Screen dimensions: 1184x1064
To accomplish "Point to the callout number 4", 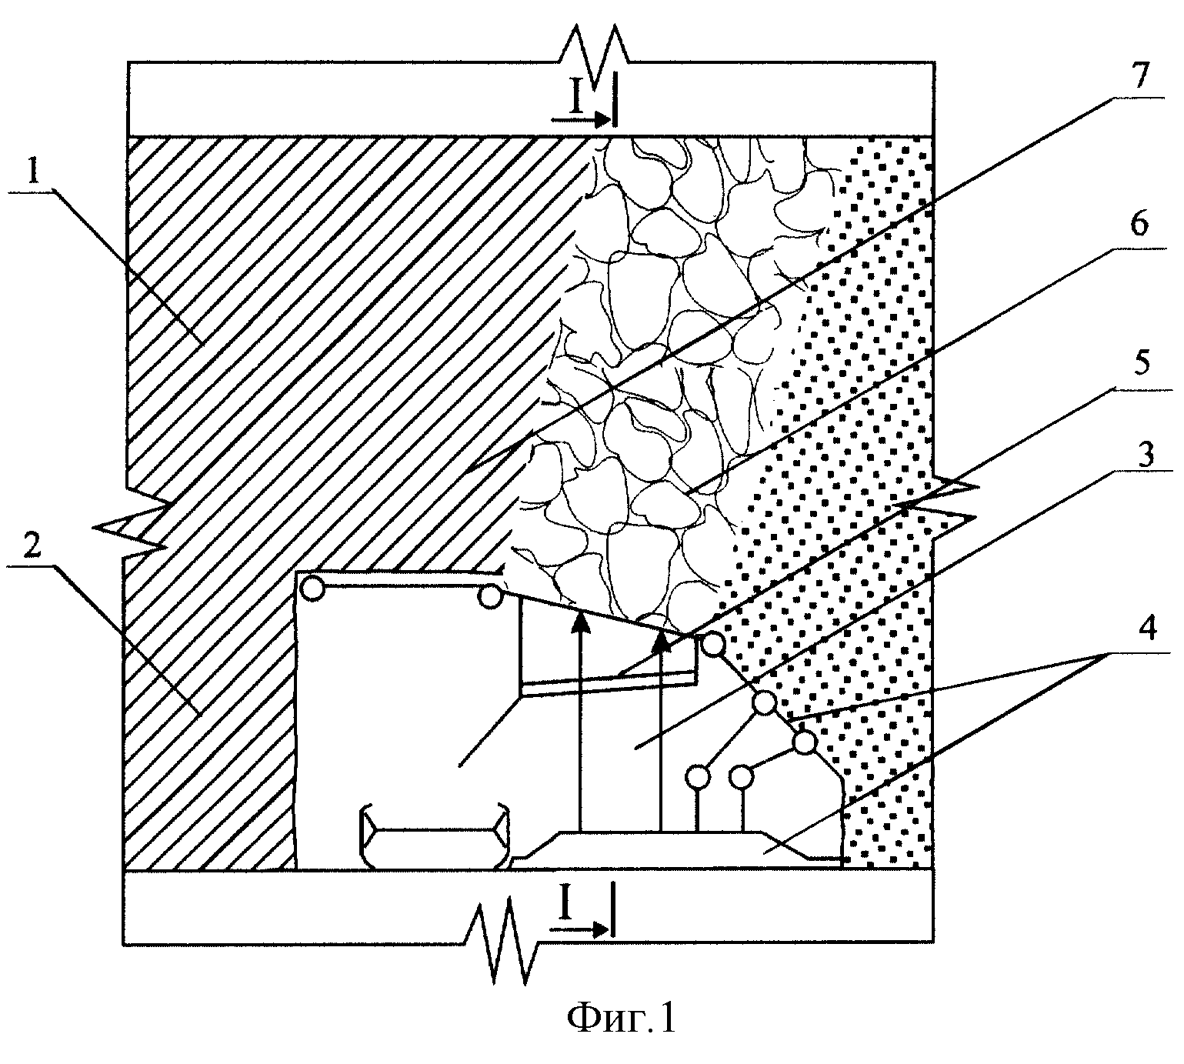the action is [x=1146, y=628].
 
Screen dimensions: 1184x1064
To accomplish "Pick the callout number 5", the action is [x=1139, y=362].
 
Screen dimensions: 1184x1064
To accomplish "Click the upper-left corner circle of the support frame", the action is [x=312, y=589].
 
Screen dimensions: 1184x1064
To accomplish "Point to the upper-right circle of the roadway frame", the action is [x=490, y=596].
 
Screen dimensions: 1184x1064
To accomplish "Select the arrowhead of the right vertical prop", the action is [x=662, y=640].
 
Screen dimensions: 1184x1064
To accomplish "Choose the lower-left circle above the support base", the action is [x=698, y=778].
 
